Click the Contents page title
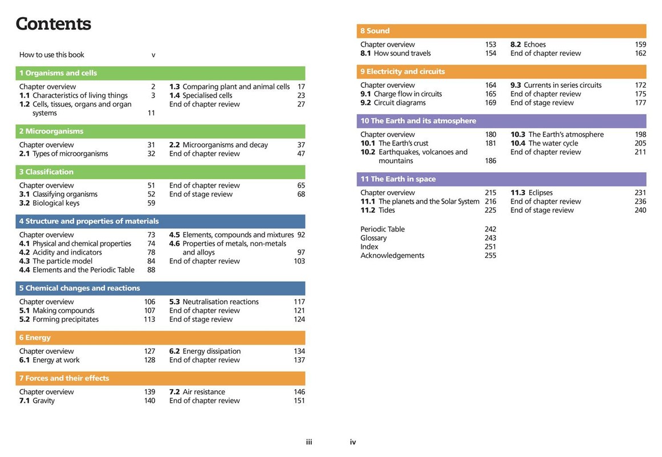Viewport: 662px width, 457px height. (x=53, y=24)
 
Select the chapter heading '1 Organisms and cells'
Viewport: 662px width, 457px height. (x=58, y=73)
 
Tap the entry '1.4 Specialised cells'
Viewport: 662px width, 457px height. (x=201, y=96)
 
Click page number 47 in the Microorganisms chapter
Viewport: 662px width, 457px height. (x=300, y=154)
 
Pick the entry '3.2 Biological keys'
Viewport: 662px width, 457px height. (x=49, y=203)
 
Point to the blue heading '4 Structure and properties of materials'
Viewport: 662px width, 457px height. (x=89, y=221)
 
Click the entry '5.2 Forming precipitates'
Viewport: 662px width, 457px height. (x=59, y=320)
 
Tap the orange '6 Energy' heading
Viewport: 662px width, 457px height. (x=35, y=338)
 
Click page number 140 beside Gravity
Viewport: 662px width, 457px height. (x=149, y=401)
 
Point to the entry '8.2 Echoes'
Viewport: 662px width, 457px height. (x=528, y=45)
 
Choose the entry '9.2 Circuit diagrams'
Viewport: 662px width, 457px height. (x=393, y=103)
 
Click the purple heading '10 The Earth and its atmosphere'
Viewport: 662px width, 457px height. (x=418, y=121)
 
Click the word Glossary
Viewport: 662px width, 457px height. (x=373, y=238)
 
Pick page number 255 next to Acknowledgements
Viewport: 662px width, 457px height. (x=490, y=256)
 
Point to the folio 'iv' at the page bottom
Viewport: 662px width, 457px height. (x=353, y=442)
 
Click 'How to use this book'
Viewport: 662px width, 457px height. (x=52, y=55)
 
